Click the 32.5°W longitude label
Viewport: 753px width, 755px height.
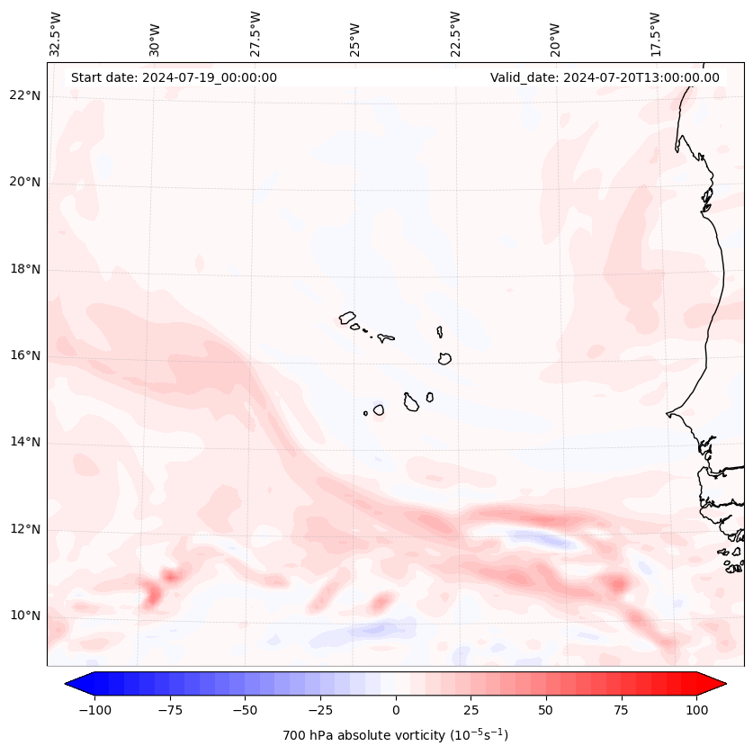coord(56,34)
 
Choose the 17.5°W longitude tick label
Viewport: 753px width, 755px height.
coord(655,34)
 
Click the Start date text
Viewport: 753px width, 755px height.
coord(174,77)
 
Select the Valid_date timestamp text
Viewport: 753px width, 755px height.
coord(605,77)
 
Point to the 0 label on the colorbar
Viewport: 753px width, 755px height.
coord(396,710)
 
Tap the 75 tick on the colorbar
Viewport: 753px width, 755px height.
coord(621,710)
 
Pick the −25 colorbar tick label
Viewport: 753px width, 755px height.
coord(320,710)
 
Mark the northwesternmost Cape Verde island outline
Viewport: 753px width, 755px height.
coord(347,318)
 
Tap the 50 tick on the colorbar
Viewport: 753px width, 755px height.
coord(546,710)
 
